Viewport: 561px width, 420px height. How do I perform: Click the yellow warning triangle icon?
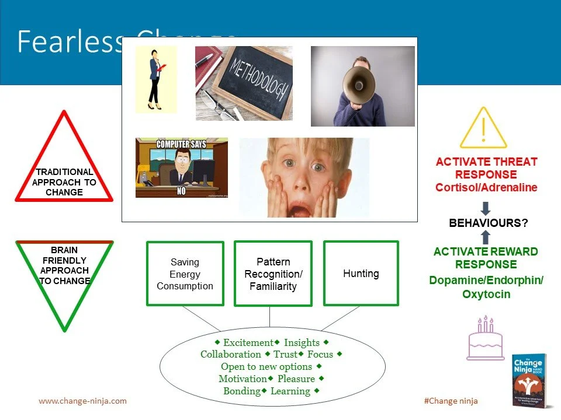(483, 129)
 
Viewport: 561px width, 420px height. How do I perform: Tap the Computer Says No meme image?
(181, 168)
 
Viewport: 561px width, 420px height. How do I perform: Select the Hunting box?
(361, 273)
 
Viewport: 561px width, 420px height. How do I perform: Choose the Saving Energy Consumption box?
(185, 274)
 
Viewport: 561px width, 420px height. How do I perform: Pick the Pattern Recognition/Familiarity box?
(273, 274)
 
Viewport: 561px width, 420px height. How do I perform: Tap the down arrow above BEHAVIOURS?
(486, 208)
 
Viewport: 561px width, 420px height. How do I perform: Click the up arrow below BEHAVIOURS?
(486, 237)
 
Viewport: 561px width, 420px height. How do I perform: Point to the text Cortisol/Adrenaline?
(486, 187)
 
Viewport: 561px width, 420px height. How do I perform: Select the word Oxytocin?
(486, 294)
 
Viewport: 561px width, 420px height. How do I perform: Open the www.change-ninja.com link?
(82, 401)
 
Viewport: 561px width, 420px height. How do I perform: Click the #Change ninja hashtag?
(451, 401)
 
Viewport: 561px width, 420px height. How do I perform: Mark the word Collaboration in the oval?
(231, 354)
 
